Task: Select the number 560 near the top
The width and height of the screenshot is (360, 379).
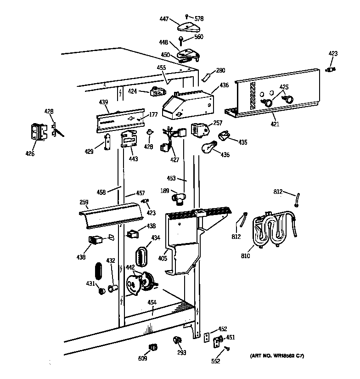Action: (x=199, y=37)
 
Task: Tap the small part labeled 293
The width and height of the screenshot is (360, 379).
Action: (x=177, y=340)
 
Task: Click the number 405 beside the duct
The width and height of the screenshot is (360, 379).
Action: (x=162, y=259)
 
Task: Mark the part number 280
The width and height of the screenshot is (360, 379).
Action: (x=221, y=70)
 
